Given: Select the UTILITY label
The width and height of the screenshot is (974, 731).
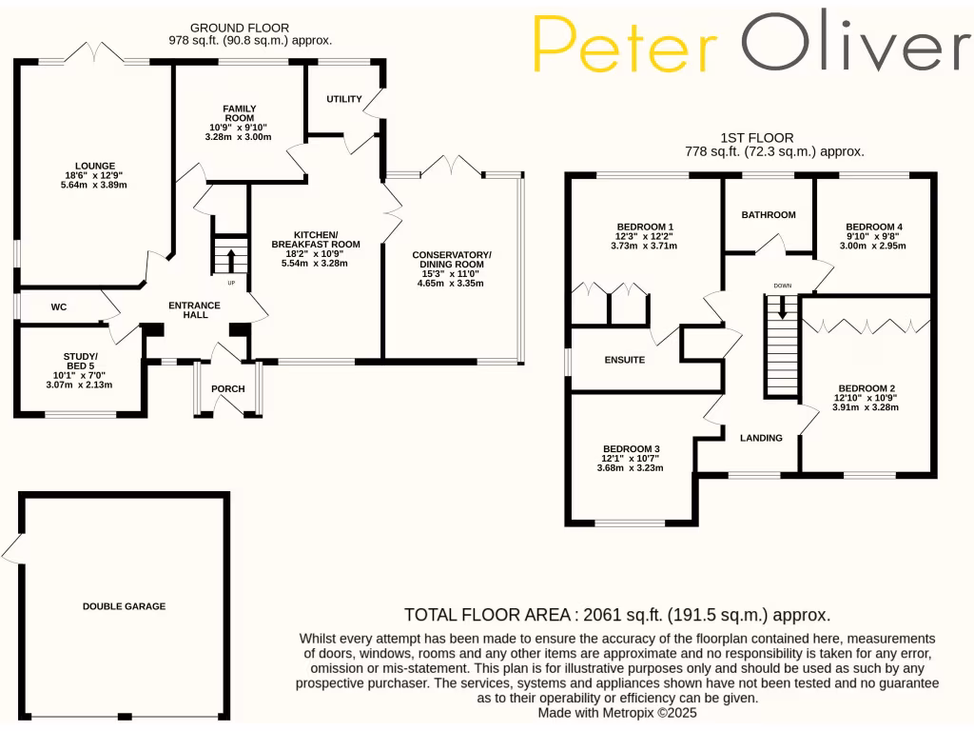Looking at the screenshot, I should (343, 99).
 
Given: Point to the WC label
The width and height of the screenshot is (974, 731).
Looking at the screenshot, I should (58, 307).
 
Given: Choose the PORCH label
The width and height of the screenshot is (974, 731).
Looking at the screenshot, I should (227, 388).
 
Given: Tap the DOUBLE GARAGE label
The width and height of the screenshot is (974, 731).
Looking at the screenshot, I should (124, 605).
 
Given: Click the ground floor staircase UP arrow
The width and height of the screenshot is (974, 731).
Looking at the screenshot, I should (230, 256).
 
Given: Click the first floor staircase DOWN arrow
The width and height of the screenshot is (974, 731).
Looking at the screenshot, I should (783, 307).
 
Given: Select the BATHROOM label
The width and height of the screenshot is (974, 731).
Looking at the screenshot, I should (768, 215).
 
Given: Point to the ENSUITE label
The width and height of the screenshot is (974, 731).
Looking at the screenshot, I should (625, 360).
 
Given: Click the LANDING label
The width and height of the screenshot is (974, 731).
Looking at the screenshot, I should (761, 438).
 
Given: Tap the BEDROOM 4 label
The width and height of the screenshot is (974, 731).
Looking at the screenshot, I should (872, 227).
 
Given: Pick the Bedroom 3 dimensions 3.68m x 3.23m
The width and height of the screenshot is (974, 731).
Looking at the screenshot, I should (630, 467).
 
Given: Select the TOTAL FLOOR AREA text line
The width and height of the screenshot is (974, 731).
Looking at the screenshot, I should (617, 614).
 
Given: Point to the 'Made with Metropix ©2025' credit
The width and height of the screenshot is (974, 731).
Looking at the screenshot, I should (617, 712).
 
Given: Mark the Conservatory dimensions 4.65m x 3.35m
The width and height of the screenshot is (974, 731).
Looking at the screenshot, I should (451, 283).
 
